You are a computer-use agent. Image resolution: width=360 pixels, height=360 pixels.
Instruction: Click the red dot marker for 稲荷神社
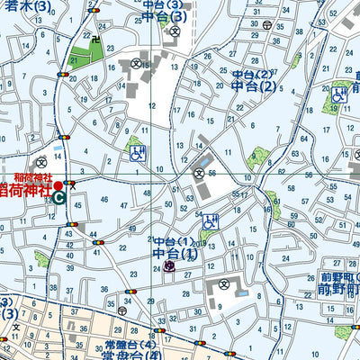[58, 184]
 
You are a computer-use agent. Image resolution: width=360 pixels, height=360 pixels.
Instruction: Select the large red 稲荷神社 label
[26, 192]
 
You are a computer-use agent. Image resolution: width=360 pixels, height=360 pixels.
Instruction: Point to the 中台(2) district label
[253, 86]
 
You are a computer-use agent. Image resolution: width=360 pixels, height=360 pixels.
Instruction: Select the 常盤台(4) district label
[135, 353]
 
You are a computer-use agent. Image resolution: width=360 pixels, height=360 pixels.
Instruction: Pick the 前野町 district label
[340, 290]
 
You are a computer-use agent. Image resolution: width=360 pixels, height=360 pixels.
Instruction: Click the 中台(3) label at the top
[162, 15]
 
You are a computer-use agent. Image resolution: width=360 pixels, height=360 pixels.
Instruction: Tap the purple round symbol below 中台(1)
[169, 268]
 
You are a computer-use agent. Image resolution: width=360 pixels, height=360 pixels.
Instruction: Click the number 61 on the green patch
[72, 60]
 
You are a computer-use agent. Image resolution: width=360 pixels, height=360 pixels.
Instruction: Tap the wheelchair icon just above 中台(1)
[210, 220]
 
